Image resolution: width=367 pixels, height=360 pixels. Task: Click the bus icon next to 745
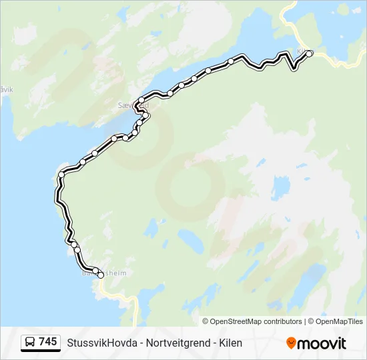(30, 343)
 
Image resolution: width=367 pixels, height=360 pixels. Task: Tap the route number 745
(48, 342)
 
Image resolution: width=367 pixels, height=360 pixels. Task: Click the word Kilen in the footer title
(229, 343)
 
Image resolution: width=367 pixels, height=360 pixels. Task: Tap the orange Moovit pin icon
(291, 343)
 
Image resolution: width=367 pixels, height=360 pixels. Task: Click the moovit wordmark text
(322, 343)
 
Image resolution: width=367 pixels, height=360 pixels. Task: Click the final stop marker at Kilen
(309, 53)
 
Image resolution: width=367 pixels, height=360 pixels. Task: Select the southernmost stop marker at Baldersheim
(101, 275)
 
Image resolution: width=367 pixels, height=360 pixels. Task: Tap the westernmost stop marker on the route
(61, 175)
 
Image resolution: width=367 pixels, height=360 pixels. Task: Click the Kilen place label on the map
(302, 51)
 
